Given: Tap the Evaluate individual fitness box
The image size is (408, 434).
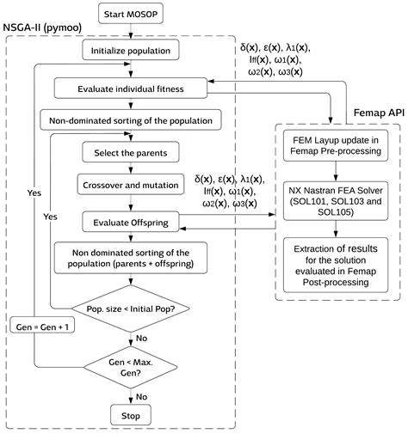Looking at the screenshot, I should (130, 88).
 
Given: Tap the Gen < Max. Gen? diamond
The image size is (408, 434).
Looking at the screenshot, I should (130, 368).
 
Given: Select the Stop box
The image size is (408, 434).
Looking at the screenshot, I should (130, 417).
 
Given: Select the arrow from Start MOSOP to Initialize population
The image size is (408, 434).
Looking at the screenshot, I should (130, 32).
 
